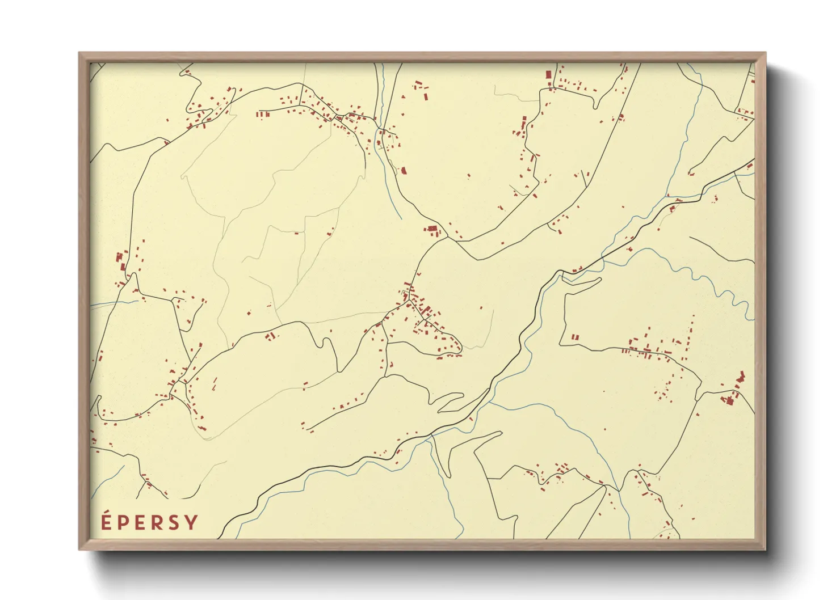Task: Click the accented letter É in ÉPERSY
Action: (x=106, y=521)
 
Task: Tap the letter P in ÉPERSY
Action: (x=122, y=522)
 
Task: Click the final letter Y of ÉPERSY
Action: (x=191, y=522)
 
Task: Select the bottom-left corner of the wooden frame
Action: (x=80, y=548)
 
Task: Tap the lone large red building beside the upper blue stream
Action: (x=404, y=170)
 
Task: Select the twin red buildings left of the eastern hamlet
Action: (x=574, y=337)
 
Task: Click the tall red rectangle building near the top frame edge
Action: (x=549, y=74)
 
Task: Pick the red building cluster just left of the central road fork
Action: (x=432, y=230)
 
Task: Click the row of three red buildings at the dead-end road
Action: (x=262, y=114)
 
